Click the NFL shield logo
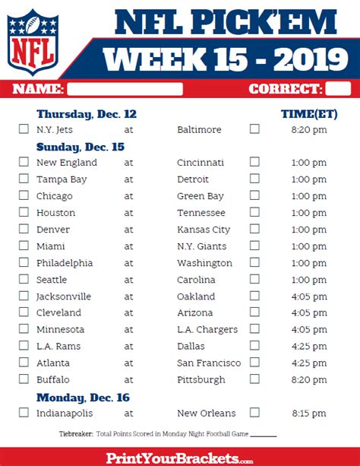(33, 42)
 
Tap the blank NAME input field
(125, 89)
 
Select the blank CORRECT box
(338, 89)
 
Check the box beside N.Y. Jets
(24, 129)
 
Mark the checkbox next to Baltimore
(254, 129)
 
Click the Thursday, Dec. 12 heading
(87, 115)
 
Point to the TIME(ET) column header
(309, 114)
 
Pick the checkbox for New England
(24, 162)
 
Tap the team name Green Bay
(201, 196)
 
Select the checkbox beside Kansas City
(254, 229)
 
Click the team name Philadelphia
(65, 263)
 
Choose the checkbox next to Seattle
(24, 279)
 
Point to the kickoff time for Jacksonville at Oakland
(309, 296)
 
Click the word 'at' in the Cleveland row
(128, 313)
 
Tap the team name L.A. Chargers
(207, 330)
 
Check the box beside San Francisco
(254, 363)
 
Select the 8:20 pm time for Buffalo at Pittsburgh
(309, 380)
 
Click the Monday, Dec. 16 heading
(83, 398)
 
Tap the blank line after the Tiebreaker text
(264, 436)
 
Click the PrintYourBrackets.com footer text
(180, 458)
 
